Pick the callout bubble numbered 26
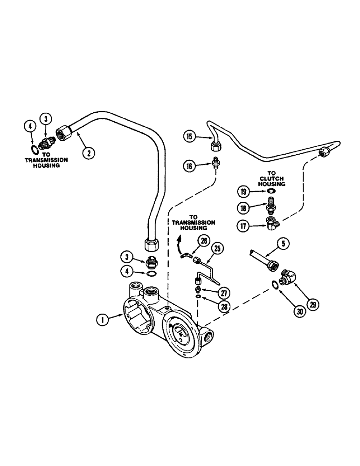(203, 241)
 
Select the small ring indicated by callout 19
(269, 192)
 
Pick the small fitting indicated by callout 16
(215, 162)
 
